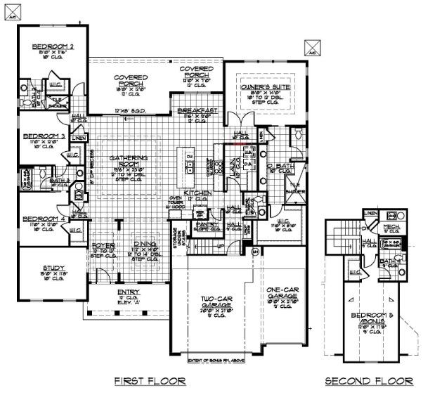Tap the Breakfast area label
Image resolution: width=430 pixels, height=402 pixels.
point(196,111)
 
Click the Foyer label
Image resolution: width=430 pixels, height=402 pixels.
point(104,245)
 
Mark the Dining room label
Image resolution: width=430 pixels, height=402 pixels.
point(143,245)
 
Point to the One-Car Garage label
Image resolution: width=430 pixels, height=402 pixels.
point(284,292)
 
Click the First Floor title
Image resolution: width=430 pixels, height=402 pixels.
point(150,381)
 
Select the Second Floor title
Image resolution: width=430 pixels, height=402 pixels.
point(369,381)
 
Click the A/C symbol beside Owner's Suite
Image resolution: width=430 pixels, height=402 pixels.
point(311,48)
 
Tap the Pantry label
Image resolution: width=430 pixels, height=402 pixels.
point(210,223)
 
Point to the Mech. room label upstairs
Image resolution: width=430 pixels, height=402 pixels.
point(391,227)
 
